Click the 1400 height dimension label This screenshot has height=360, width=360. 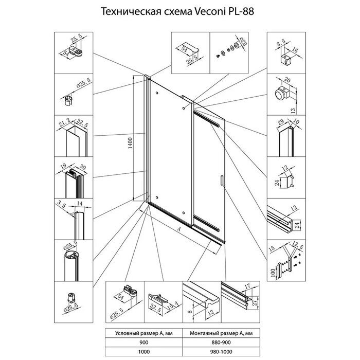tap(131, 139)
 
